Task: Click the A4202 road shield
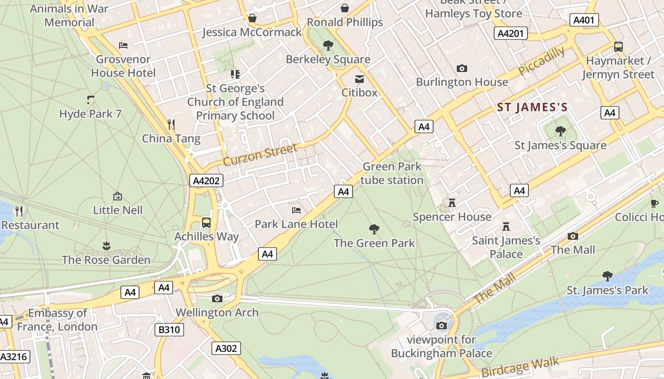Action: click(206, 180)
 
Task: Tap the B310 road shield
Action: click(169, 329)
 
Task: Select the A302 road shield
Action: click(226, 348)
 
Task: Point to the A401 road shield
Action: click(584, 20)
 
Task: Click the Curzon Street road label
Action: click(260, 154)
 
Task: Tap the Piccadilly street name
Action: click(542, 61)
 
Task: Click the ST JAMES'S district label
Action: click(532, 108)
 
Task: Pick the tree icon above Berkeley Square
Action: click(328, 45)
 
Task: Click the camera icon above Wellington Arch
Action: click(217, 298)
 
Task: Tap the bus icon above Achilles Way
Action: click(206, 222)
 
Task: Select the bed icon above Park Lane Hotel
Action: click(296, 210)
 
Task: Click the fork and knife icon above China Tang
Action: click(171, 125)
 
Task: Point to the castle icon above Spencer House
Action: click(452, 203)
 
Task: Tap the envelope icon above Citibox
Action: click(360, 79)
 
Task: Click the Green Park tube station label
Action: click(392, 173)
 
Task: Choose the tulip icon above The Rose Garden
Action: click(106, 245)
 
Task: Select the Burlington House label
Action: click(462, 82)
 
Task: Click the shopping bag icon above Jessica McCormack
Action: click(252, 18)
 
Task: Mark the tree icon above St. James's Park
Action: click(607, 276)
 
